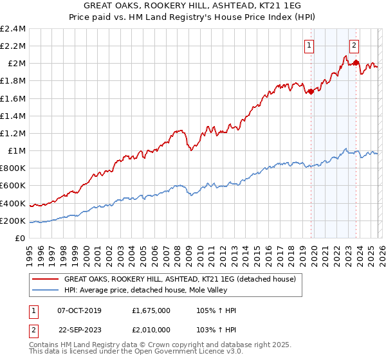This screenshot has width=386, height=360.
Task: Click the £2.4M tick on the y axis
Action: pos(13,29)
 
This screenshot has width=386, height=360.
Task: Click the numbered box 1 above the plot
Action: pos(310,45)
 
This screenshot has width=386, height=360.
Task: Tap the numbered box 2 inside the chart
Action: pos(354,45)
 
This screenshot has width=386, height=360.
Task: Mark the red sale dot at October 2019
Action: pos(311,91)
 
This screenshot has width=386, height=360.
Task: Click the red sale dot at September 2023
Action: pos(356,62)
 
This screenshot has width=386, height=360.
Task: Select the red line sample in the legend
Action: pos(46,280)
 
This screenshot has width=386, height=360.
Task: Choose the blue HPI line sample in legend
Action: pos(46,291)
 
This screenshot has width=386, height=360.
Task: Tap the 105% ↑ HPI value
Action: pos(217,310)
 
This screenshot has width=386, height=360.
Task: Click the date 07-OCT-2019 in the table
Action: pos(86,310)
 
